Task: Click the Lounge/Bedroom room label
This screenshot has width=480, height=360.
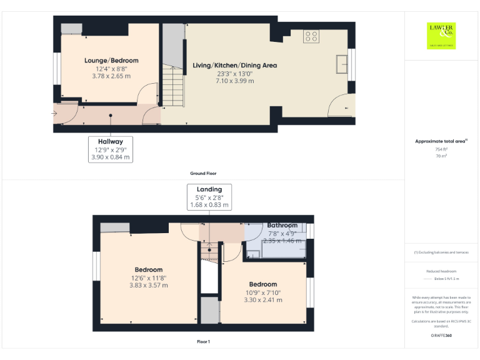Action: (x=111, y=61)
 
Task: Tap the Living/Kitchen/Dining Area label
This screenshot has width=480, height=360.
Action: (x=234, y=66)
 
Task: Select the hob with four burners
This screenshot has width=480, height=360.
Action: (x=311, y=36)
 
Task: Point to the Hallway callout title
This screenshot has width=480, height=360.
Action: (x=110, y=142)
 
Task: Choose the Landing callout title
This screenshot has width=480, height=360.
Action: (x=209, y=189)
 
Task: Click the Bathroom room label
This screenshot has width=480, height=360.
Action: (x=282, y=225)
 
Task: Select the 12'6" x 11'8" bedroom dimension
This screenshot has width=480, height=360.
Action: (x=149, y=278)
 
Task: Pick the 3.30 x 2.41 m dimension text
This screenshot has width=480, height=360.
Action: (x=262, y=300)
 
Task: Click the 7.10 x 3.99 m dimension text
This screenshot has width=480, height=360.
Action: (x=234, y=81)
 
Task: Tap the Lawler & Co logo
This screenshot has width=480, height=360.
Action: (x=441, y=35)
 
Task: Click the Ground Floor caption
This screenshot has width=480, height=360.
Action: (x=203, y=173)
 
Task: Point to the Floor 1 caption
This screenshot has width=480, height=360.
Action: (x=203, y=342)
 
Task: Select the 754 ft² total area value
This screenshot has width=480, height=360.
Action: (x=441, y=149)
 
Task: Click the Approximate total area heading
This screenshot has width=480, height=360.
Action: (x=441, y=142)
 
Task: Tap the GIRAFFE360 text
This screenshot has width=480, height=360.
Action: (x=441, y=336)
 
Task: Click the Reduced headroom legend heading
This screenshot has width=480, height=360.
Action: (x=441, y=271)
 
